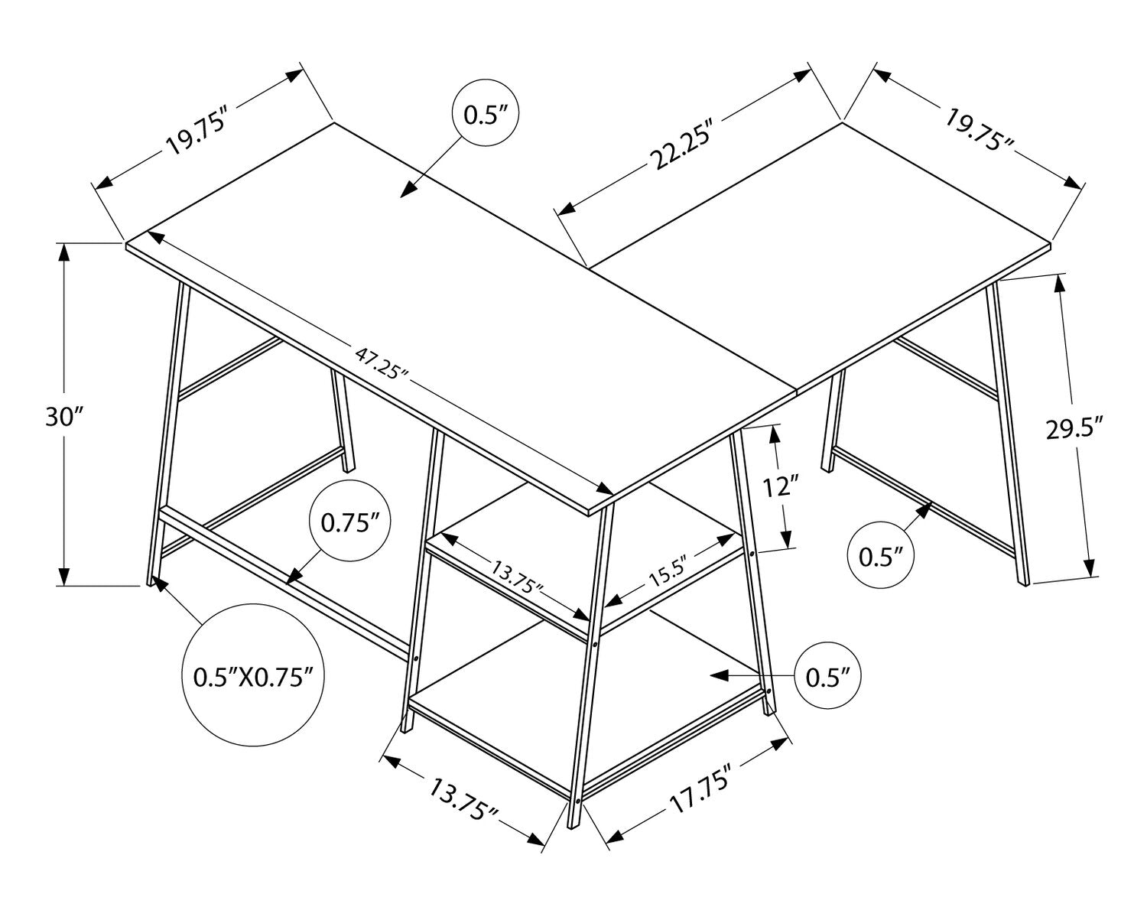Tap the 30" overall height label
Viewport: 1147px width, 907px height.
65,417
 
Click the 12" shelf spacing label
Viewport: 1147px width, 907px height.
781,486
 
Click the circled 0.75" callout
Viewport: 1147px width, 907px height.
350,523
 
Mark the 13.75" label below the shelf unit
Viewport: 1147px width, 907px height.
463,800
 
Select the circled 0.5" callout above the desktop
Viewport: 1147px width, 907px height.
485,114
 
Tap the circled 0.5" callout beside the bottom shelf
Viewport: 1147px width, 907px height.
827,677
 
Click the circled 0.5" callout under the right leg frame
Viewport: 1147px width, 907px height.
880,557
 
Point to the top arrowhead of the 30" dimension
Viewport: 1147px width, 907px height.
64,252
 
